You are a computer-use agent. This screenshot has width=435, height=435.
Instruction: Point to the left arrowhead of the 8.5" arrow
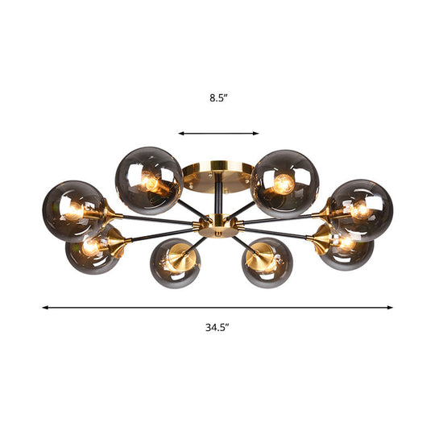181,134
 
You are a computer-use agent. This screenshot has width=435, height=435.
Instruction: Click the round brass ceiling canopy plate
213,175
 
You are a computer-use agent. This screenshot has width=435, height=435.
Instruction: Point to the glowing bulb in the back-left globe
151,182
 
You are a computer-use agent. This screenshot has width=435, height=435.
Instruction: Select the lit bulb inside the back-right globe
281,184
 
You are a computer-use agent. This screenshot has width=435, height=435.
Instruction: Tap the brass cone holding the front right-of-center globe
259,257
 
